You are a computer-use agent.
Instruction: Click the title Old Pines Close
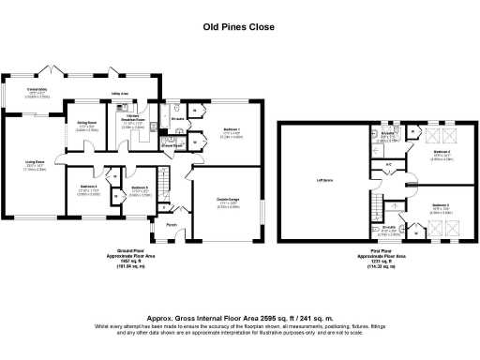coord(239,27)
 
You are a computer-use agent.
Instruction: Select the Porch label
coord(172,225)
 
